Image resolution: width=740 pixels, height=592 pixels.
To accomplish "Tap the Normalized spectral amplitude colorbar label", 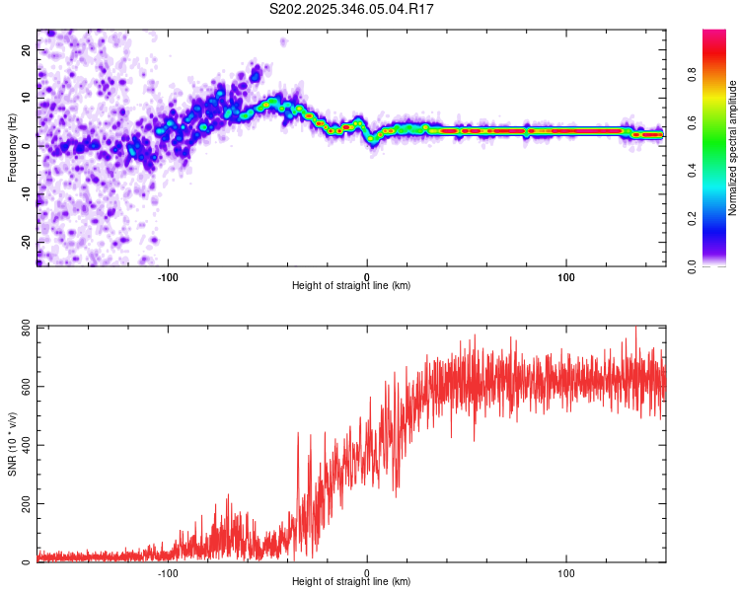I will tap(733, 148).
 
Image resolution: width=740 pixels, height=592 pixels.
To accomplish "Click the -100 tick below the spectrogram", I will tap(168, 275).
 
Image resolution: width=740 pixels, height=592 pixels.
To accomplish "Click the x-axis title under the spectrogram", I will tap(351, 286).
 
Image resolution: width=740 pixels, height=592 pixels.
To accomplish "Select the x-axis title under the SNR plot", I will tap(351, 583).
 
